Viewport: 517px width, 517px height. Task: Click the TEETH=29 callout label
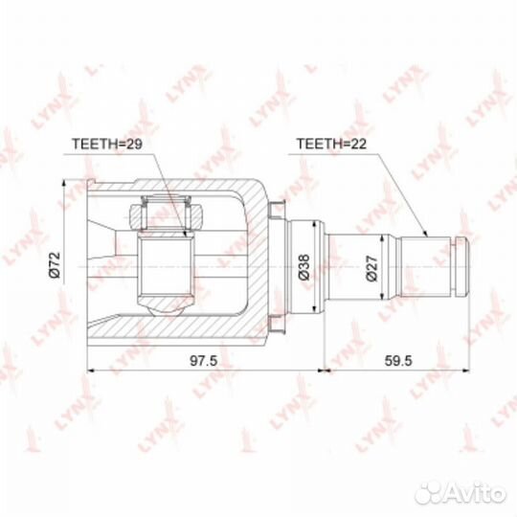tap(107, 144)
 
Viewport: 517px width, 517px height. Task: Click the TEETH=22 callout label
tap(331, 144)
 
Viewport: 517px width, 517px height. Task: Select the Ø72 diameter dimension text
tap(56, 265)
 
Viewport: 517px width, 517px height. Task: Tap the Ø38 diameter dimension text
tap(304, 267)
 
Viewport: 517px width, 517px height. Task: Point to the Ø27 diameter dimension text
tap(371, 268)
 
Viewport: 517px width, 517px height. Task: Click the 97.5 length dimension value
tap(203, 361)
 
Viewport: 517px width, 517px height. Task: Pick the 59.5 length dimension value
tap(398, 361)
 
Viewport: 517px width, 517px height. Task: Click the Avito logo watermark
tap(461, 493)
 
